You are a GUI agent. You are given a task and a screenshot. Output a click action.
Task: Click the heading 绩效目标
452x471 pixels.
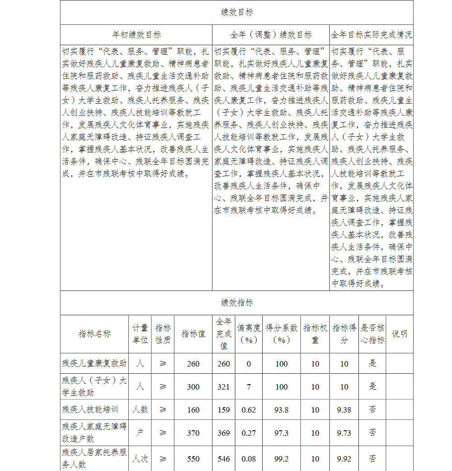pyautogui.click(x=237, y=13)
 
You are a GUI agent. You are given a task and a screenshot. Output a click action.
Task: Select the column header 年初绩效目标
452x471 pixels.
pyautogui.click(x=136, y=35)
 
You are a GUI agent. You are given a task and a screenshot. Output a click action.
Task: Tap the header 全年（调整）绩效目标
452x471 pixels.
pyautogui.click(x=271, y=35)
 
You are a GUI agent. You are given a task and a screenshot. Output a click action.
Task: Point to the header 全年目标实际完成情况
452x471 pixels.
pyautogui.click(x=371, y=35)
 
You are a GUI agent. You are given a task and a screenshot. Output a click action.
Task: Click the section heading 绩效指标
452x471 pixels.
pyautogui.click(x=237, y=303)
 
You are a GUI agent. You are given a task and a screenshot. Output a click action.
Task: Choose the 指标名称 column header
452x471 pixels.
pyautogui.click(x=94, y=334)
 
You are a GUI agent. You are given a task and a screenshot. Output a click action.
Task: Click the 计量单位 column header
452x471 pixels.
pyautogui.click(x=140, y=334)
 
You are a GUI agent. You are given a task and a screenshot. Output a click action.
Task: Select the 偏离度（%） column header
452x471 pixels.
pyautogui.click(x=249, y=334)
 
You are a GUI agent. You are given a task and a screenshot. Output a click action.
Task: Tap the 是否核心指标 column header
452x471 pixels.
pyautogui.click(x=372, y=334)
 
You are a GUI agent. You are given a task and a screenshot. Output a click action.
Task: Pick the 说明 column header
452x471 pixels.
pyautogui.click(x=399, y=334)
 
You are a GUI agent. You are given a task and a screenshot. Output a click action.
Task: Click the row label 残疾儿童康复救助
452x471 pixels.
pyautogui.click(x=94, y=363)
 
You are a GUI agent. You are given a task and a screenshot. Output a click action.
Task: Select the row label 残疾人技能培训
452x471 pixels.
pyautogui.click(x=90, y=409)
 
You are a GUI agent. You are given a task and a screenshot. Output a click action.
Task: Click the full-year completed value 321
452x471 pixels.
pyautogui.click(x=223, y=387)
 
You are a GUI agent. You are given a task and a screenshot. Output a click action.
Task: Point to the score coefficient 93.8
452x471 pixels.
pyautogui.click(x=281, y=410)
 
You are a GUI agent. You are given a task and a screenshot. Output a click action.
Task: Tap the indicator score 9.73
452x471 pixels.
pyautogui.click(x=344, y=433)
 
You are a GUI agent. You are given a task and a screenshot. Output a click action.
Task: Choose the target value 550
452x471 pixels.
pyautogui.click(x=193, y=459)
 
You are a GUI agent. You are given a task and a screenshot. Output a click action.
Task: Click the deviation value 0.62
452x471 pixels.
pyautogui.click(x=249, y=410)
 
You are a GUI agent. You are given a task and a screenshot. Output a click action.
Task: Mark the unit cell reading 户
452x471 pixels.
pyautogui.click(x=140, y=433)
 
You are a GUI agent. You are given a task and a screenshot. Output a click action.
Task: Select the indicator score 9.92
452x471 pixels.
pyautogui.click(x=344, y=459)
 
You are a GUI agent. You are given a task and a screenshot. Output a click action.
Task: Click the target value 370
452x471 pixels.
pyautogui.click(x=193, y=433)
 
